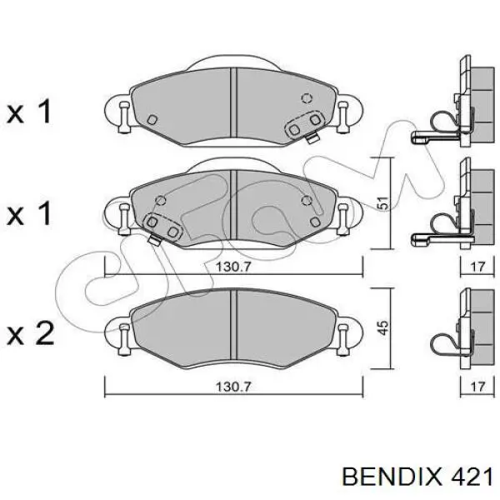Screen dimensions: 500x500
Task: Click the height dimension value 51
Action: click(384, 202)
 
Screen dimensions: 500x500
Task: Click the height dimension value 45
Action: click(384, 327)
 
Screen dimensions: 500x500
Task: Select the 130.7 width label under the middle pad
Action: click(233, 267)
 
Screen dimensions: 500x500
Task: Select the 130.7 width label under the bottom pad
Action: click(233, 387)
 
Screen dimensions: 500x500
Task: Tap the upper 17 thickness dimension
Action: click(477, 267)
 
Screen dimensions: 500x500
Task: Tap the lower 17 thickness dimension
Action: click(477, 387)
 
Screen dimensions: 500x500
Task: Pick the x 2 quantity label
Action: click(31, 332)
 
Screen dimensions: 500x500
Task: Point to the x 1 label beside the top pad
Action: click(29, 112)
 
